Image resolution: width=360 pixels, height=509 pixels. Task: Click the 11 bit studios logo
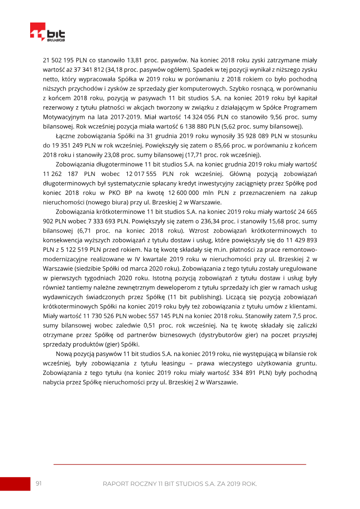tap(47, 32)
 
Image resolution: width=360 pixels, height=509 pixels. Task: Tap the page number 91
tap(39, 483)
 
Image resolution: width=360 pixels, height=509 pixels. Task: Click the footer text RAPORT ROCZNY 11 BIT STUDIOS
tap(180, 484)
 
